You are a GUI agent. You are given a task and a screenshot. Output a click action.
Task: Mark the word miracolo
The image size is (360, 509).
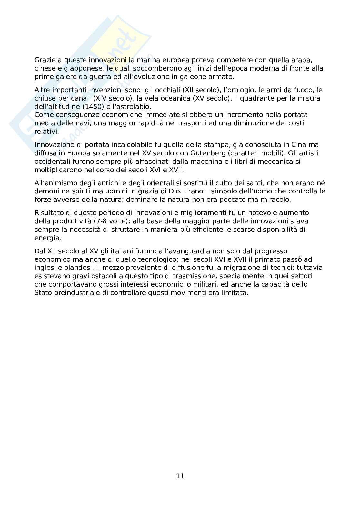(x=276, y=200)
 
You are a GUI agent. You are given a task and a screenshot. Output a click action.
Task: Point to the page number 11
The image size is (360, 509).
(x=180, y=476)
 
